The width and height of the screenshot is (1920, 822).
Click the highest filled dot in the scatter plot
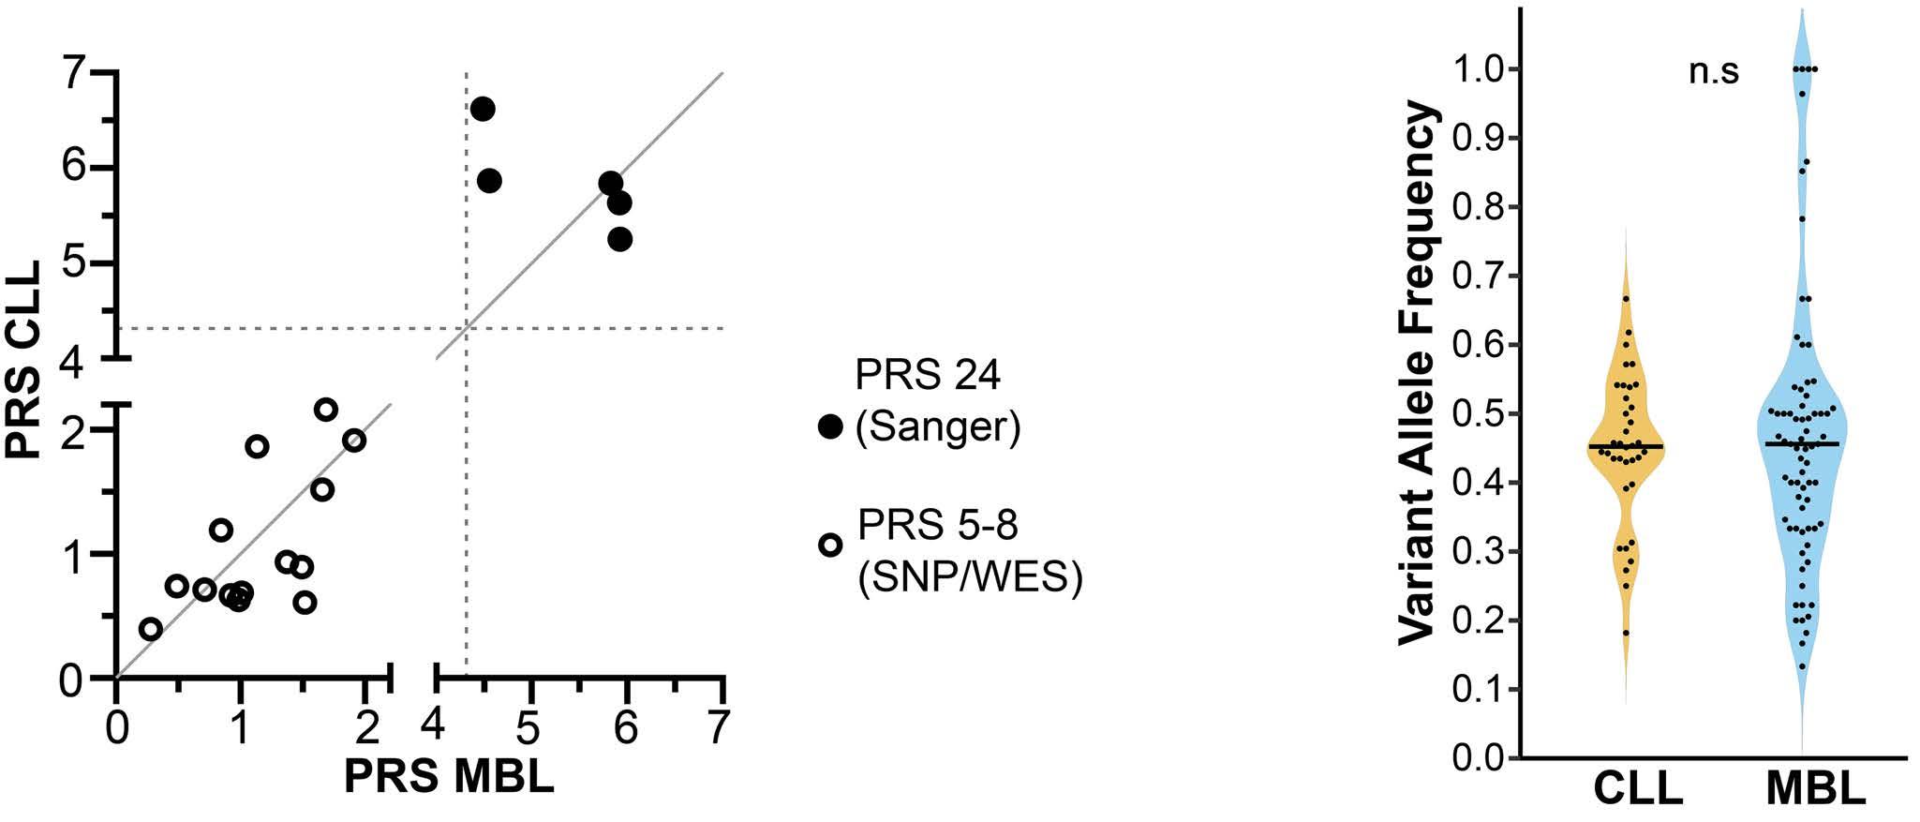tap(483, 109)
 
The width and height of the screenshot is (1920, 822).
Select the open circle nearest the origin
tap(150, 629)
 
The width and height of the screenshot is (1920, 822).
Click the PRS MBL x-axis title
tap(448, 778)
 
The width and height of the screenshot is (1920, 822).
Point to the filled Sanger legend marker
tap(830, 426)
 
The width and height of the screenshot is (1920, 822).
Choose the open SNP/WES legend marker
tap(830, 545)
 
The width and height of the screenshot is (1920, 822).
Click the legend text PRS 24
tap(928, 376)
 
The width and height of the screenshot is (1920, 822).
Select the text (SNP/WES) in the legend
tap(970, 578)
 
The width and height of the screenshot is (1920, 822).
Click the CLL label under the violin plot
tap(1639, 789)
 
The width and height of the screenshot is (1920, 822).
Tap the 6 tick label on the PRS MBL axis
tap(626, 727)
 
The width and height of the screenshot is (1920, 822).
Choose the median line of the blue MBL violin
tap(1802, 443)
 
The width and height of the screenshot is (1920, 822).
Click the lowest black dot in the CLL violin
tap(1626, 633)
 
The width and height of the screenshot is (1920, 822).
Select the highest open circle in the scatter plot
tap(325, 409)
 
